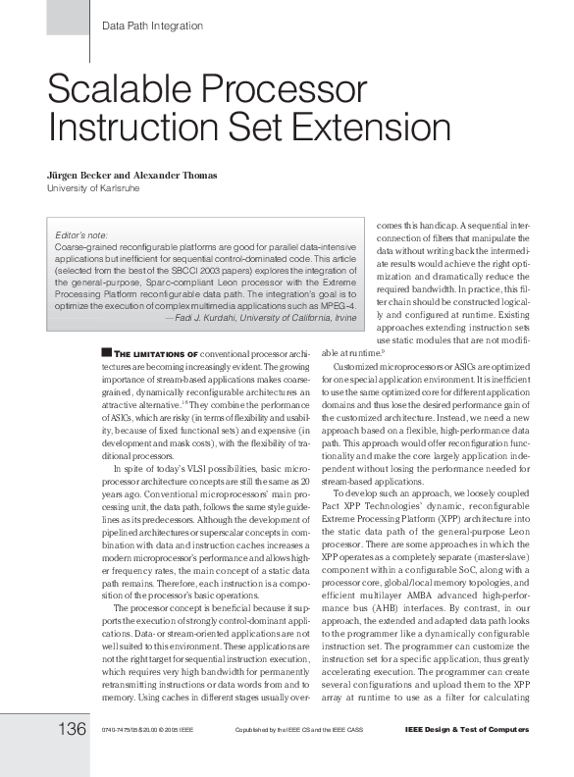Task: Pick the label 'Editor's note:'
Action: click(x=80, y=235)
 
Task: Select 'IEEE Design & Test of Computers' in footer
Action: click(x=466, y=731)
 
